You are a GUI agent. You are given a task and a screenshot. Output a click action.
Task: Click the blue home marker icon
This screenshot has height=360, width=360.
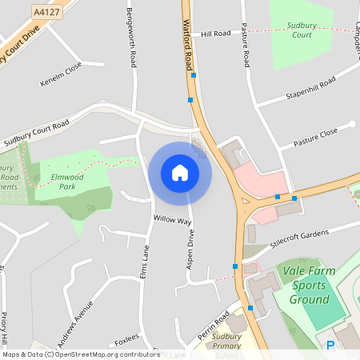point(180,173)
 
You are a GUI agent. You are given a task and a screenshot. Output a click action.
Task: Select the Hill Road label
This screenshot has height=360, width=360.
point(215,34)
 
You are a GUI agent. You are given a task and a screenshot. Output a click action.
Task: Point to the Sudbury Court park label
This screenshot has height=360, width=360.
point(302,30)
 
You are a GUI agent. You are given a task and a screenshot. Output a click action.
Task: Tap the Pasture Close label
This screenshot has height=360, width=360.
point(315,134)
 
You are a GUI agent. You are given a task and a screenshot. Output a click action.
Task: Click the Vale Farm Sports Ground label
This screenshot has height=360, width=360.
point(310,286)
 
